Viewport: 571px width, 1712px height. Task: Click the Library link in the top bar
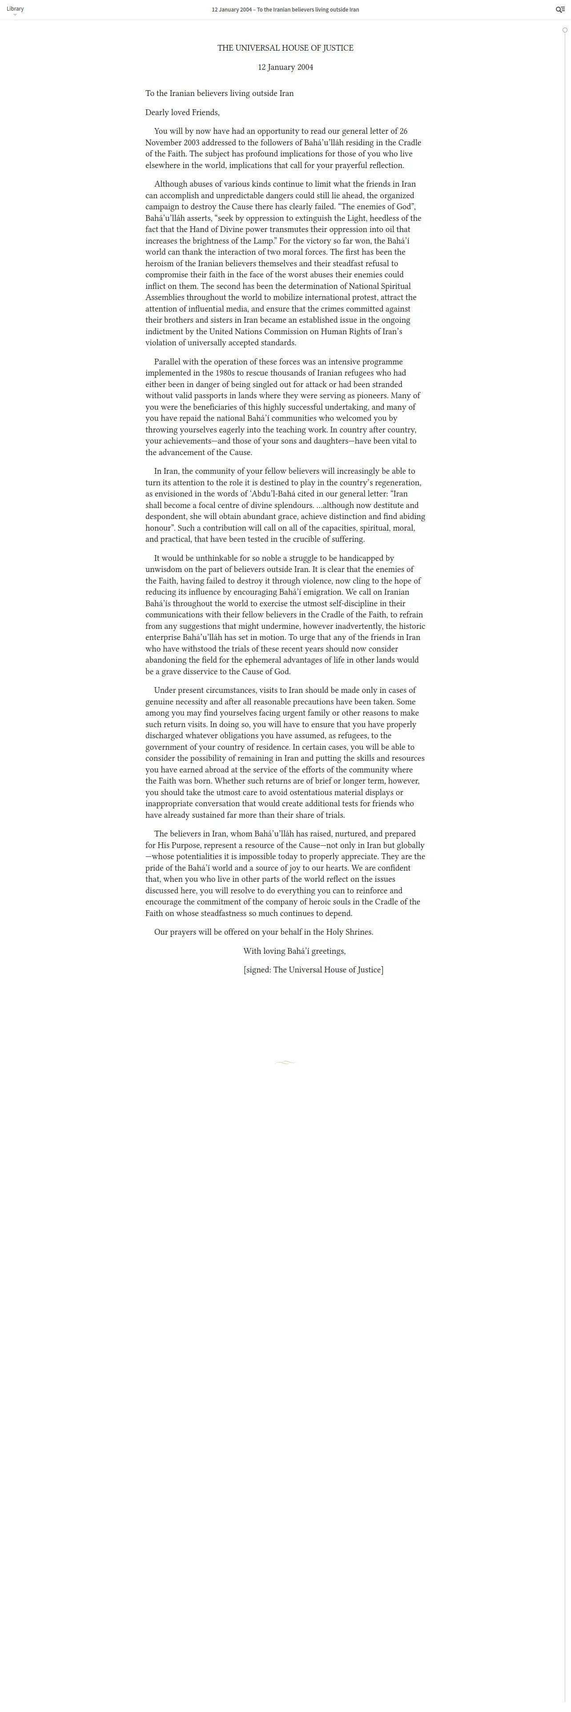[15, 8]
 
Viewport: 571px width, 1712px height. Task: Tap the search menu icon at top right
[560, 9]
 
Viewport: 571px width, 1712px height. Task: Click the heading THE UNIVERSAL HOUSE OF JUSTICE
[285, 48]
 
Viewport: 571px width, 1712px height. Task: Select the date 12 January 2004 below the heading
[285, 67]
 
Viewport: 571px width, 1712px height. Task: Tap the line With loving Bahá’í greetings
[294, 951]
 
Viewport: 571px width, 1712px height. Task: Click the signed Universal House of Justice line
[313, 970]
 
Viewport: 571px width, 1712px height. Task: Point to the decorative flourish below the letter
[285, 1063]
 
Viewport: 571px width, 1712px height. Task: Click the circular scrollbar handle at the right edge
[565, 30]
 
